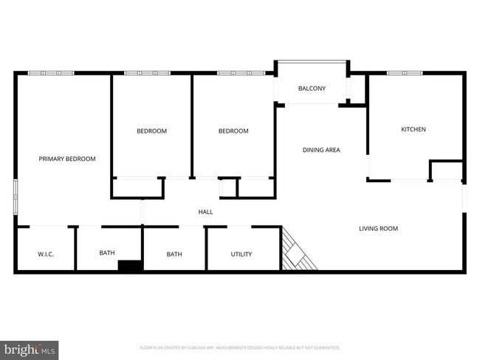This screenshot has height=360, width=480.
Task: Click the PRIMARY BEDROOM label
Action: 67,159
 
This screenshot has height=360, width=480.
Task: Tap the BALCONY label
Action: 312,89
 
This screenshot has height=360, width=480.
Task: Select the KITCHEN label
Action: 414,130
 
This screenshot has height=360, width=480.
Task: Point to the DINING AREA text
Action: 321,150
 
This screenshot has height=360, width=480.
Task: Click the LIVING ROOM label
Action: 378,229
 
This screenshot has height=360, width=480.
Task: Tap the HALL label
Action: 205,212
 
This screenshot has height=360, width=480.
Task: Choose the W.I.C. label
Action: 46,255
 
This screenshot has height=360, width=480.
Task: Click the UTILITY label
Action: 241,255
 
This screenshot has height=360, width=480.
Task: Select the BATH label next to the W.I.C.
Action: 107,253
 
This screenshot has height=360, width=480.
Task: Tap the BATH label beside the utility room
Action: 174,255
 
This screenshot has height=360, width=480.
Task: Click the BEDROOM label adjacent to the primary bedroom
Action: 151,131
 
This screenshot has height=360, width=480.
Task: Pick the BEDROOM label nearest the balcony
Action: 233,131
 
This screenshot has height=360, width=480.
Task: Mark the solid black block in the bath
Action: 131,266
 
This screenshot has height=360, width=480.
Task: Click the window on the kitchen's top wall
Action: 405,72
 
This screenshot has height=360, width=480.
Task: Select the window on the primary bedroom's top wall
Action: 51,72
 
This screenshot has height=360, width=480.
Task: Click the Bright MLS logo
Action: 30,350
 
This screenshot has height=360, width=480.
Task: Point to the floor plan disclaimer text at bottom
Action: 240,347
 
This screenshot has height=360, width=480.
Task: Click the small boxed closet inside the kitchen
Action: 446,170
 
